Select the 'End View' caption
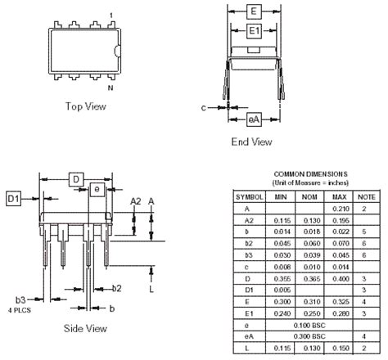pos(251,142)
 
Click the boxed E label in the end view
pos(255,11)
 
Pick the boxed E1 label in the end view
pos(255,31)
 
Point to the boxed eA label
pos(255,119)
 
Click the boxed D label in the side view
pos(75,178)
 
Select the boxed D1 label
pos(14,199)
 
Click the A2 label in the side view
pos(136,201)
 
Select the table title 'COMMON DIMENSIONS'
pos(309,173)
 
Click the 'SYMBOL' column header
pos(250,197)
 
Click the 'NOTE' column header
pos(366,197)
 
